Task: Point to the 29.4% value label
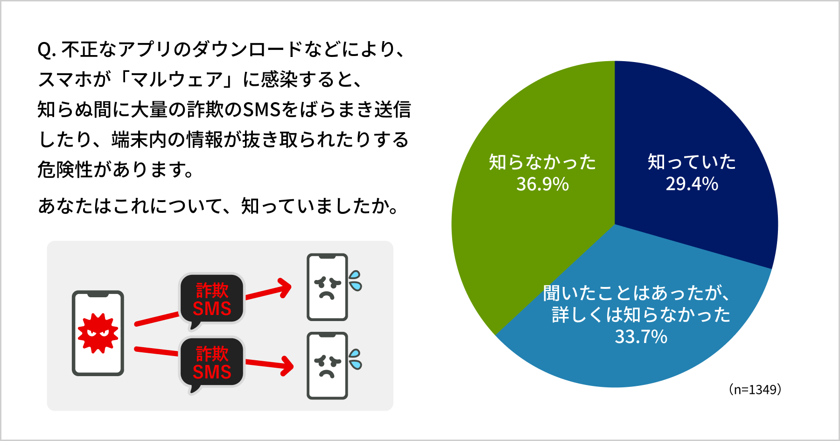[692, 184]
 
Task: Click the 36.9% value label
[542, 184]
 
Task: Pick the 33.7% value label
[641, 336]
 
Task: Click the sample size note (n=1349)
[755, 390]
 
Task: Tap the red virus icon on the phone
[98, 333]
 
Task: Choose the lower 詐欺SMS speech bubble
[212, 363]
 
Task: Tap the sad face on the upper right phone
[327, 287]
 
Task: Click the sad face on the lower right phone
[327, 365]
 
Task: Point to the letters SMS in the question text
[261, 110]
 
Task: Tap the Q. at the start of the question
[47, 50]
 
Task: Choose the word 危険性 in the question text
[65, 169]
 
